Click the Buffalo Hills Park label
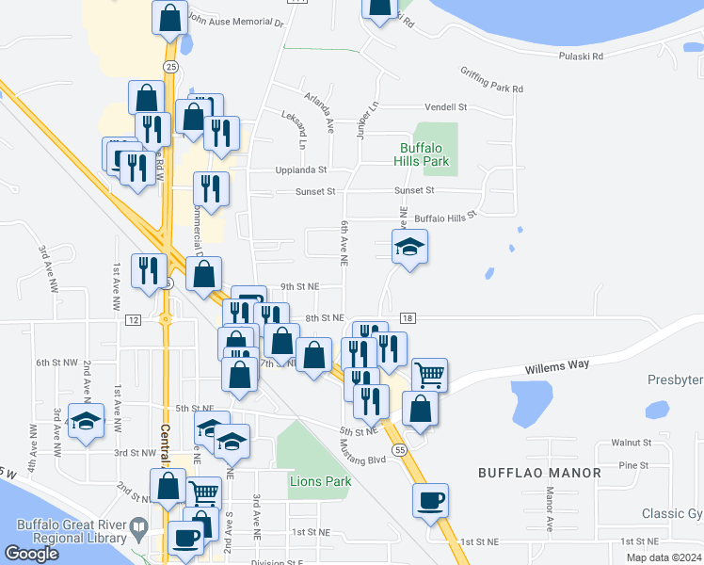[x=424, y=154]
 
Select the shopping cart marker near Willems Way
[x=429, y=374]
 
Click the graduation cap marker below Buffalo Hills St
[x=409, y=247]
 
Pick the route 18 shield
[x=407, y=320]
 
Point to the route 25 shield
[x=169, y=67]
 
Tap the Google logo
[x=32, y=554]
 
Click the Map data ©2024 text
[x=663, y=557]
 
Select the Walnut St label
[x=631, y=442]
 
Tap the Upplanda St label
[x=300, y=170]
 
